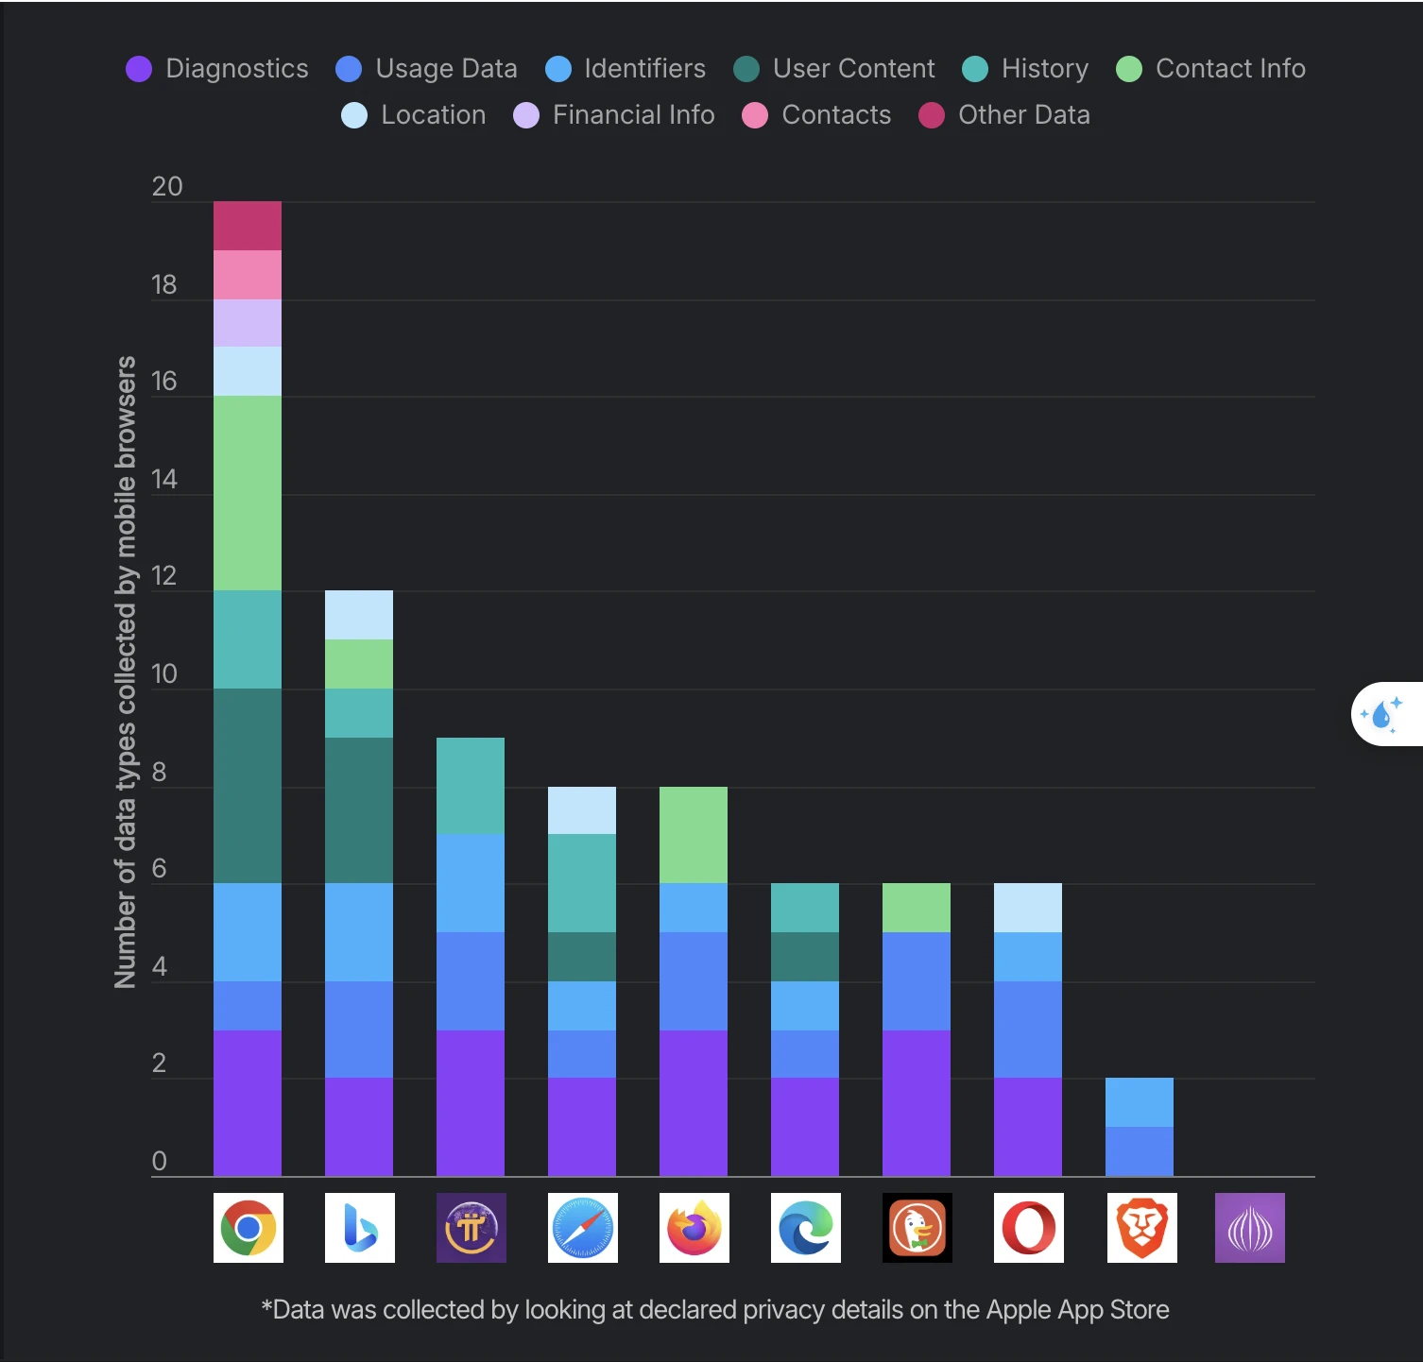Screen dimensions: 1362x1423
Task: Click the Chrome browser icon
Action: coord(248,1228)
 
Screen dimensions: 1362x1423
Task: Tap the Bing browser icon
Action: coord(359,1228)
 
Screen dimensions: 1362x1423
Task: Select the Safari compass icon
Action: coord(582,1228)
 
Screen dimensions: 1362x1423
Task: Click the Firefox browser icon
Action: coord(694,1228)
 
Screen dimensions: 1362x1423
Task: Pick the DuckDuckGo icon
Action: coord(917,1228)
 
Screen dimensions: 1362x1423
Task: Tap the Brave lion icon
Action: coord(1141,1228)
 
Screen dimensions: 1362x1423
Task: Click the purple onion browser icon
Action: coord(1249,1228)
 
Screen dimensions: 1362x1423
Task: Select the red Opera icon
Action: coord(1028,1228)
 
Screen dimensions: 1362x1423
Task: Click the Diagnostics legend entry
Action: coord(217,69)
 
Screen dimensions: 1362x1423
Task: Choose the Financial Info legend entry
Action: coord(614,115)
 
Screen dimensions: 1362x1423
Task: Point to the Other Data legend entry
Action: coord(1005,115)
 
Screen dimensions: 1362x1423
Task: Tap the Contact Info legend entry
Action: coord(1211,69)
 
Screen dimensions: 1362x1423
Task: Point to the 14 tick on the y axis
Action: coord(164,480)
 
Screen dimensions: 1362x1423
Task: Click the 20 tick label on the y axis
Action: coord(166,187)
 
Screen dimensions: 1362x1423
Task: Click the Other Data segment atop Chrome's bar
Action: coord(248,226)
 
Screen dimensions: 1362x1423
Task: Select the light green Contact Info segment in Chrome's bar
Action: coord(248,493)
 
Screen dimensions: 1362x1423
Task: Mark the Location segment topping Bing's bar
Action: coord(359,615)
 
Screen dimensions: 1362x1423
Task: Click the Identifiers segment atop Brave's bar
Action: coord(1140,1102)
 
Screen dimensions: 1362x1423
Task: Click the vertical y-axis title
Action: coord(126,672)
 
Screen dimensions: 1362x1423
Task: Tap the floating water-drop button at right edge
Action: coord(1384,714)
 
